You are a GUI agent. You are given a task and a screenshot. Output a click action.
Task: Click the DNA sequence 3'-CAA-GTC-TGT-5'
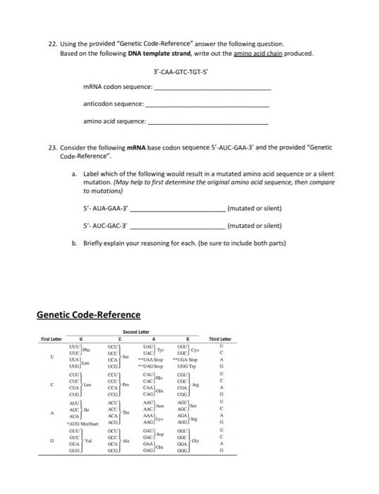pyautogui.click(x=182, y=72)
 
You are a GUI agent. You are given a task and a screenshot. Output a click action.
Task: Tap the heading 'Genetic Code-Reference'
pyautogui.click(x=88, y=315)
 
